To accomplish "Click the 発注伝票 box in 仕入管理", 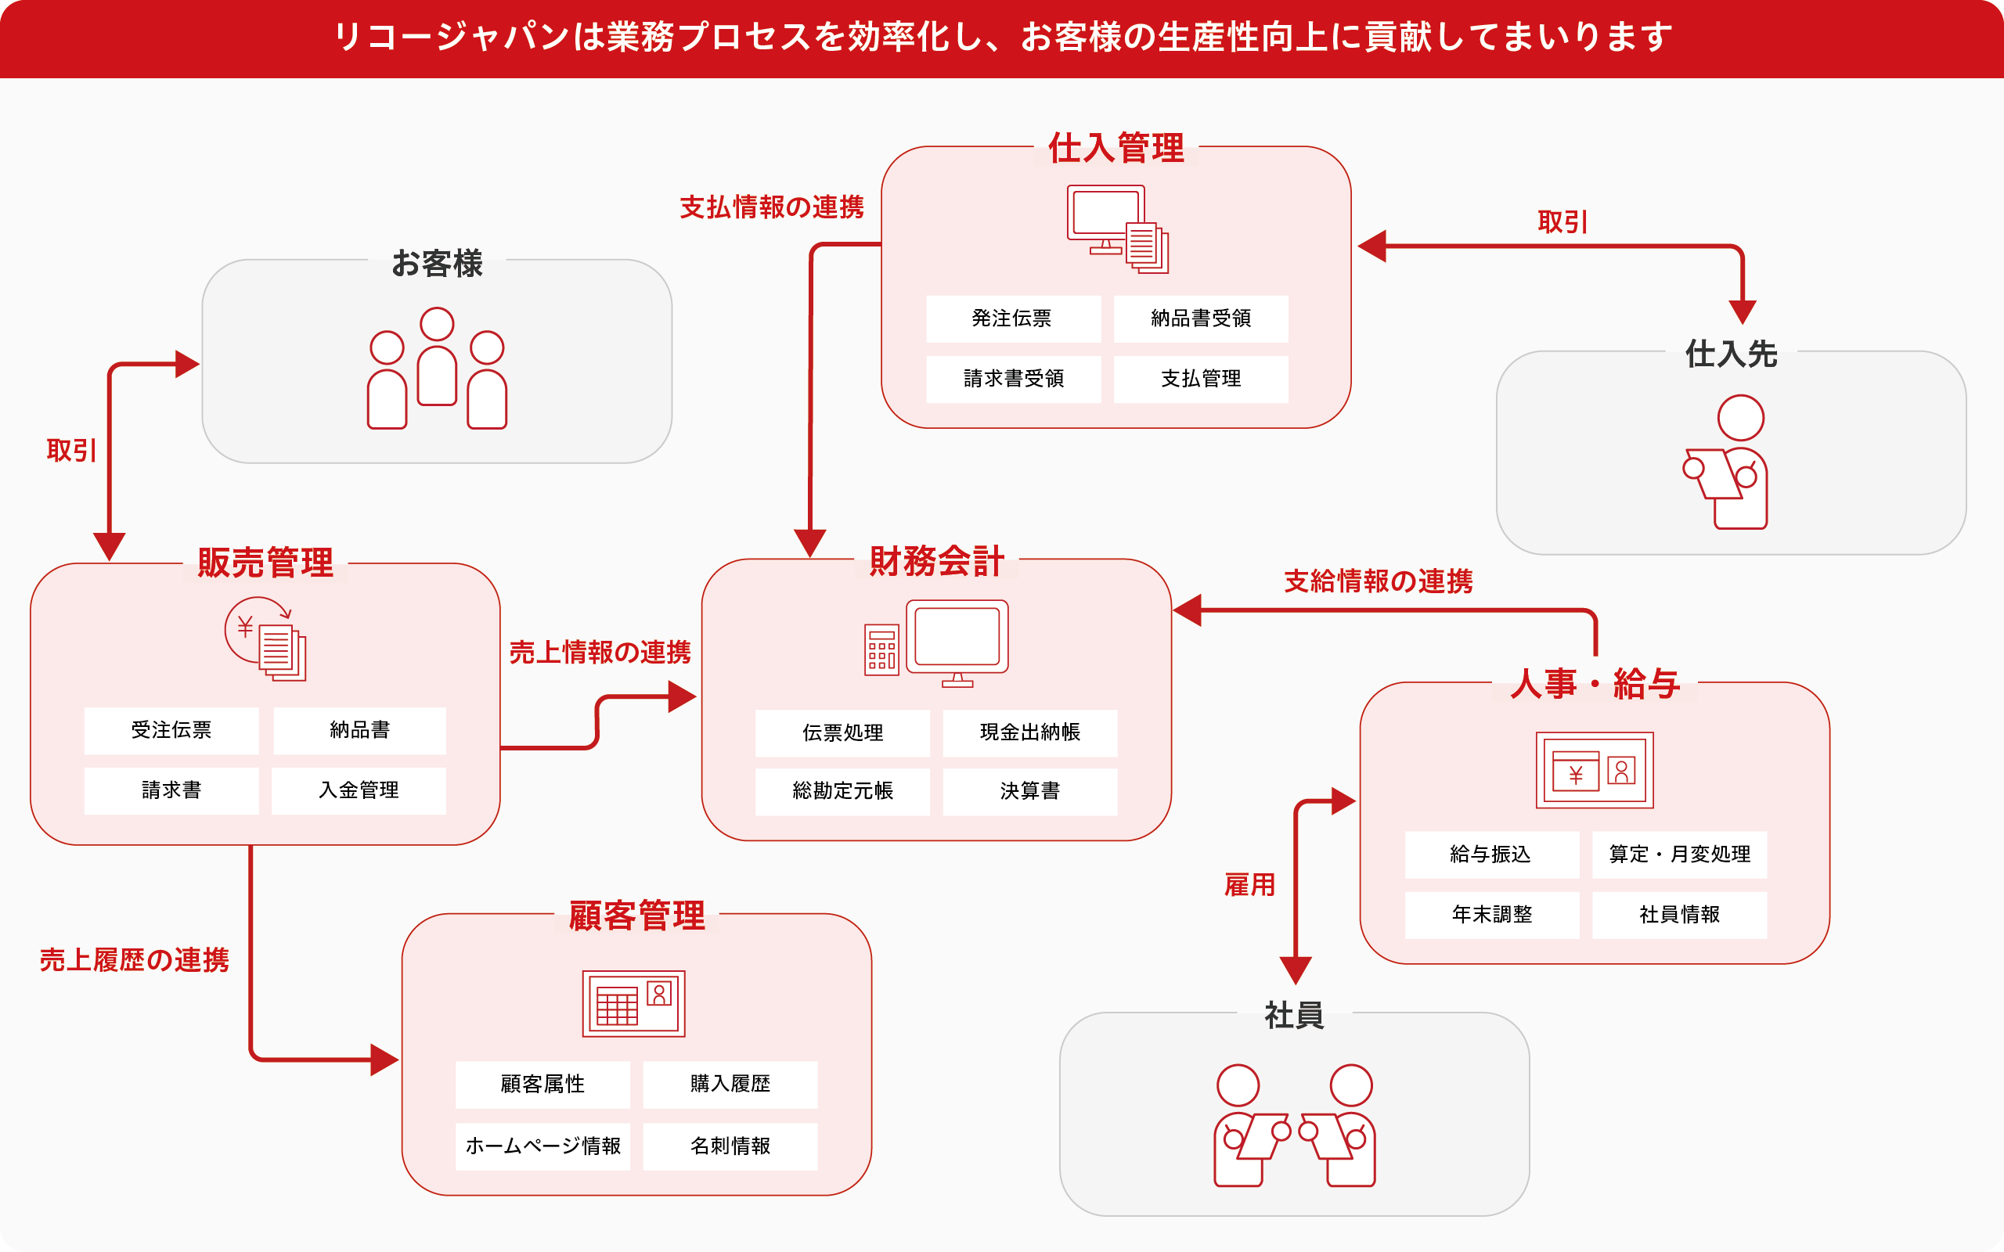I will click(1013, 318).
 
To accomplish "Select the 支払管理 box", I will click(1200, 380).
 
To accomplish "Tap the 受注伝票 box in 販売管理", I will click(171, 730).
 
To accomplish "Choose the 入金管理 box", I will click(359, 791).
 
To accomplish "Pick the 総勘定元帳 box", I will click(842, 792).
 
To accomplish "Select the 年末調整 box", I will click(1491, 915).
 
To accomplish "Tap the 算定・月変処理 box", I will click(1678, 854).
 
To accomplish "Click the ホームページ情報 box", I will click(542, 1146).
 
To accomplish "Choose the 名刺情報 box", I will click(730, 1146).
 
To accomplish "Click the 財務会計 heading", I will click(936, 561).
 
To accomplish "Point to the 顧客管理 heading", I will click(636, 916).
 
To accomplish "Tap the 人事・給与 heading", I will click(1594, 685).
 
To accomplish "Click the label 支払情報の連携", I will click(771, 207).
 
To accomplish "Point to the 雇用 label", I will click(1249, 885).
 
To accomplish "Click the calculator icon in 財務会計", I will click(881, 650).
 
